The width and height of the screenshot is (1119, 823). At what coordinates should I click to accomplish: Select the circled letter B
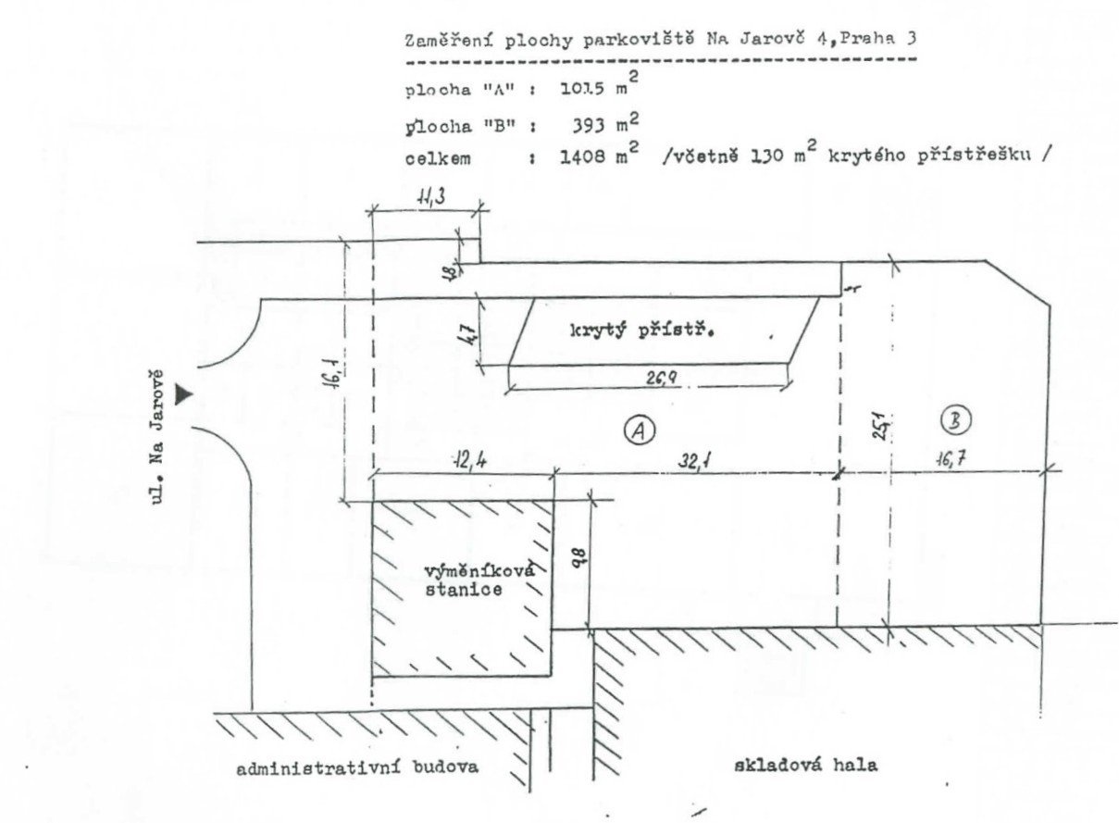click(x=955, y=421)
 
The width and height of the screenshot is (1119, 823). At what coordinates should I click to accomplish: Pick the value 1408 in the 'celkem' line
click(x=583, y=157)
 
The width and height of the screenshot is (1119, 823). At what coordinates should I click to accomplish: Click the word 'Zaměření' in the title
click(x=441, y=39)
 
